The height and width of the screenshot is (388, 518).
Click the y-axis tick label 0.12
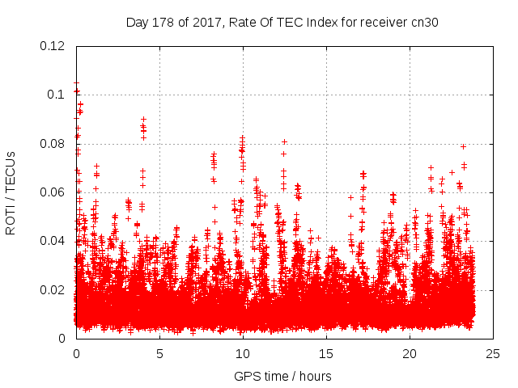pyautogui.click(x=53, y=46)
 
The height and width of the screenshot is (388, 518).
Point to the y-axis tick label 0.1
pyautogui.click(x=57, y=95)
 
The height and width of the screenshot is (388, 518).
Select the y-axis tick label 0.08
pyautogui.click(x=53, y=144)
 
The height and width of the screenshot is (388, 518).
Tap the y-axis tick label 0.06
pyautogui.click(x=53, y=192)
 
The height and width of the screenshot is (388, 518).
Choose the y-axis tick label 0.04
pyautogui.click(x=53, y=241)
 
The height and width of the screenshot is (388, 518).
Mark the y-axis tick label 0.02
pyautogui.click(x=53, y=289)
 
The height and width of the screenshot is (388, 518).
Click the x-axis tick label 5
pyautogui.click(x=159, y=353)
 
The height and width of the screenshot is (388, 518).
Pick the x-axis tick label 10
pyautogui.click(x=243, y=353)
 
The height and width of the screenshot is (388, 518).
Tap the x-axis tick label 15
pyautogui.click(x=326, y=353)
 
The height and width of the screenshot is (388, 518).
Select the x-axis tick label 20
pyautogui.click(x=410, y=353)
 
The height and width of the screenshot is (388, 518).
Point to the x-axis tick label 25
pyautogui.click(x=493, y=353)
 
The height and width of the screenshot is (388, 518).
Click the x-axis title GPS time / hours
pyautogui.click(x=283, y=376)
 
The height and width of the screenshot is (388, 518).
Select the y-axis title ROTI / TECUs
pyautogui.click(x=11, y=192)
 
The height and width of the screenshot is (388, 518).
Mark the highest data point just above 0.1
pyautogui.click(x=76, y=83)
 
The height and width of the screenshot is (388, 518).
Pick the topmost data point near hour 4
pyautogui.click(x=143, y=119)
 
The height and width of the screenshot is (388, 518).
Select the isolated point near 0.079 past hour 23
pyautogui.click(x=463, y=146)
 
